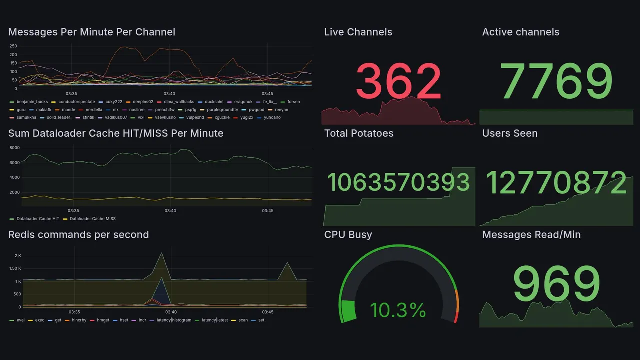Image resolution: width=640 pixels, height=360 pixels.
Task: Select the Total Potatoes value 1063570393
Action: pos(398,182)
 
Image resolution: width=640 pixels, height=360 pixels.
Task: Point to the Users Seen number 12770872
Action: pos(556,182)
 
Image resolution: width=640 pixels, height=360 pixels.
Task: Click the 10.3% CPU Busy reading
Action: pos(398,310)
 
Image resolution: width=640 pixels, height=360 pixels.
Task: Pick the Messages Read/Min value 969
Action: pos(556,283)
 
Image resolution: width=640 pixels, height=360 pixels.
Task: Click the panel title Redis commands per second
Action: pos(78,235)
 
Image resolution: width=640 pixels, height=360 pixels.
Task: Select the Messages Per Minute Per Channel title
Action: pos(92,32)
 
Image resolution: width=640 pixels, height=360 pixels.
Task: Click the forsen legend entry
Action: pos(293,102)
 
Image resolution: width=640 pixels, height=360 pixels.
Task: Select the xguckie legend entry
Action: pos(222,118)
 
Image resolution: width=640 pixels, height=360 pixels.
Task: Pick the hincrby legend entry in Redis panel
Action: pos(79,320)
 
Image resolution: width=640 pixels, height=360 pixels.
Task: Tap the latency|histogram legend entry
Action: pos(173,320)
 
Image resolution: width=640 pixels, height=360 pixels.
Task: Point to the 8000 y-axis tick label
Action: pos(14,148)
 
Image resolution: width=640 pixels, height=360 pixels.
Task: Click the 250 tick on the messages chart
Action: pos(13,46)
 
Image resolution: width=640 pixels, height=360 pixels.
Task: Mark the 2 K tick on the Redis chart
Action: pos(18,256)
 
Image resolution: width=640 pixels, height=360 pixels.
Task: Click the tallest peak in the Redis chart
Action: pos(161,253)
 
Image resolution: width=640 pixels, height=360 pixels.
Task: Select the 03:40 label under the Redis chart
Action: pos(170,312)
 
